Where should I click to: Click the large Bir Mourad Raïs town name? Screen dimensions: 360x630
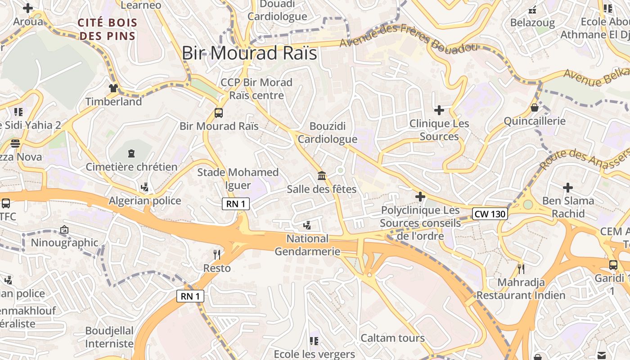coord(249,53)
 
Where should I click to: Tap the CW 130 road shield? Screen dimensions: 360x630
coord(490,214)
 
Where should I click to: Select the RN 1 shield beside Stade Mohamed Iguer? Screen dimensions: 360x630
coord(236,204)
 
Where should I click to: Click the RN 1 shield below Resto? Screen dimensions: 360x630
coord(190,296)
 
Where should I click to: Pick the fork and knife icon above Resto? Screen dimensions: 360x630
coord(217,255)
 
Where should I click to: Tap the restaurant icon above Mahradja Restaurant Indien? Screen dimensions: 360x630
coord(521,269)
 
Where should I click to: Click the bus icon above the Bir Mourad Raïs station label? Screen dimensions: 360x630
coord(219,113)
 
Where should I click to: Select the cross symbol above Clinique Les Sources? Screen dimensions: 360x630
coord(439,110)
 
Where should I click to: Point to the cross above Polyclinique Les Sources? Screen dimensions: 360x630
coord(420,197)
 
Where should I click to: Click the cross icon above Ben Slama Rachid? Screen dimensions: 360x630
coord(568,187)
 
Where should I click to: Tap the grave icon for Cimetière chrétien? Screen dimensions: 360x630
coord(131,154)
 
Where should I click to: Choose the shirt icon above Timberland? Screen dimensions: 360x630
coord(113,88)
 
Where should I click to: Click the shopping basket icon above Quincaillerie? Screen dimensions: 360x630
coord(534,108)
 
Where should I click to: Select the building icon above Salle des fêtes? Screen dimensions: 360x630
coord(322,175)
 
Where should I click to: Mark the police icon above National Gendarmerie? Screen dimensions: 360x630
coord(307,225)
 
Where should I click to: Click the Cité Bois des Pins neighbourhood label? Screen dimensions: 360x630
coord(108,29)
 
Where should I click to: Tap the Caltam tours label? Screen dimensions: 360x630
coord(392,338)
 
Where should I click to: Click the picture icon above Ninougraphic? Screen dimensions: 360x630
coord(64,229)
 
